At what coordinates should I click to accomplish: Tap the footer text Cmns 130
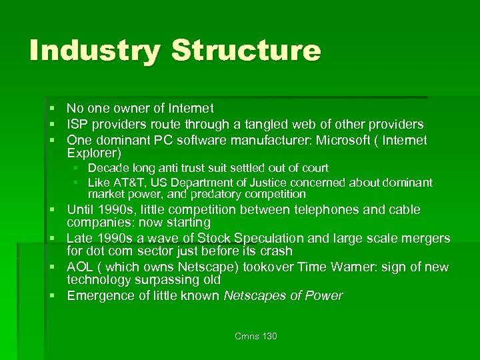click(255, 336)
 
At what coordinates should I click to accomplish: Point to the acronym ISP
click(78, 124)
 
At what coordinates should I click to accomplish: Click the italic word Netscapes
click(255, 295)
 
